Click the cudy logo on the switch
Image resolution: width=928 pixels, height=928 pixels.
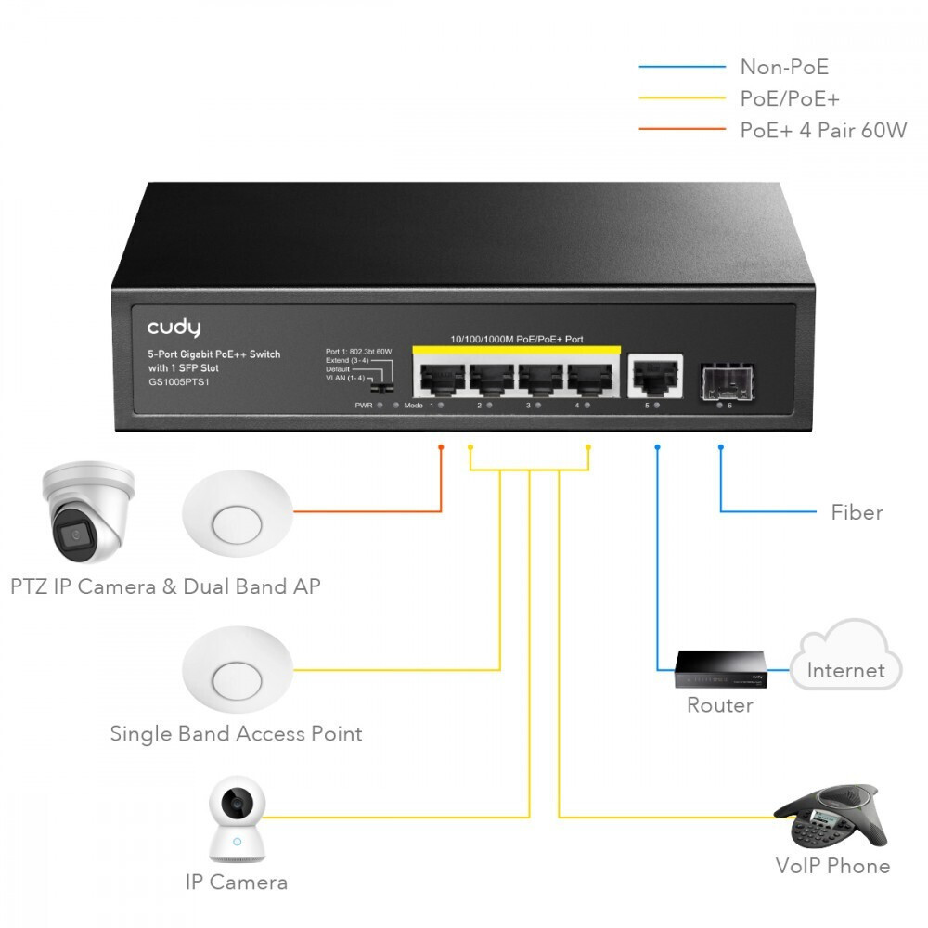point(174,328)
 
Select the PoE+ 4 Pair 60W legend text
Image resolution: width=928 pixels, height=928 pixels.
point(822,130)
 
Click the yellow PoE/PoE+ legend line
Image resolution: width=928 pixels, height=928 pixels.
point(682,98)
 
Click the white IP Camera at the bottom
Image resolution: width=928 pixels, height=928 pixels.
point(237,821)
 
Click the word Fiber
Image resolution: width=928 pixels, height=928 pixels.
point(857,512)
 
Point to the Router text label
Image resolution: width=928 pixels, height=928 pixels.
point(720,705)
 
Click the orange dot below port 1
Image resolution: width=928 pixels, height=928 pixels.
point(441,447)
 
